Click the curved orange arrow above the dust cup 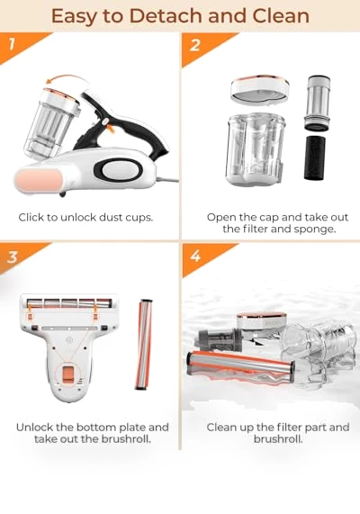65,79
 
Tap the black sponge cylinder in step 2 315,158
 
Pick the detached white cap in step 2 259,89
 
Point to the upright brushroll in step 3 144,344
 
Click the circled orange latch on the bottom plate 68,374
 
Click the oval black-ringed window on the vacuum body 118,170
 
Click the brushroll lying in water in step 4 240,366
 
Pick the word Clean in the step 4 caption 221,428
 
